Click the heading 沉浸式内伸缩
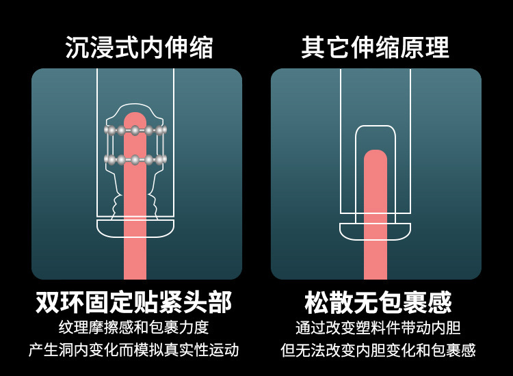(x=139, y=47)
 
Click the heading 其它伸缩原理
(x=376, y=47)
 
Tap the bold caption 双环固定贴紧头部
(x=133, y=301)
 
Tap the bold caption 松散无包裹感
(x=378, y=301)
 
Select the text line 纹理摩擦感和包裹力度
(x=134, y=327)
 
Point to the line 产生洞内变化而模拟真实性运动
(x=134, y=350)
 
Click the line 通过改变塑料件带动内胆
(x=378, y=327)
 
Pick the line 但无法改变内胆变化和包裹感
(x=378, y=350)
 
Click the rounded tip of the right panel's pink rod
(x=376, y=156)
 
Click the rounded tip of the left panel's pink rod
(x=135, y=118)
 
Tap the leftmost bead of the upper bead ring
(x=108, y=130)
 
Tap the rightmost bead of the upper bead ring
(x=162, y=130)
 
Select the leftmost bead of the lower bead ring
(x=108, y=160)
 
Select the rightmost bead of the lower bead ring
(x=162, y=160)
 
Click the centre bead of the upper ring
(x=135, y=130)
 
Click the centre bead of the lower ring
(x=135, y=160)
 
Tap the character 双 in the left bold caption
(x=48, y=301)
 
